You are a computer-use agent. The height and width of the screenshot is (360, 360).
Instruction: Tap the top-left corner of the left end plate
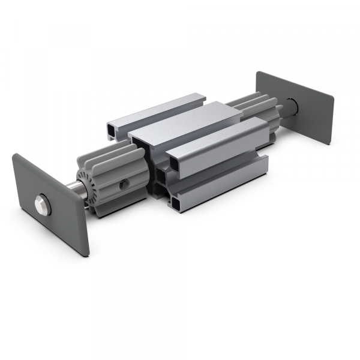(x=14, y=155)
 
